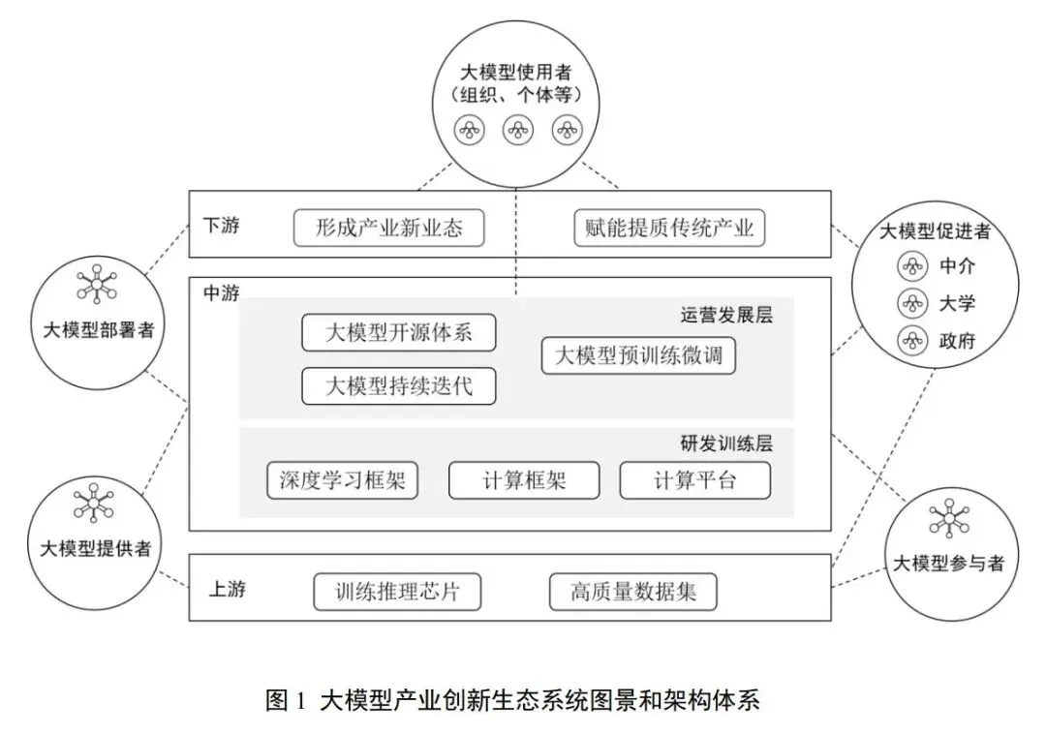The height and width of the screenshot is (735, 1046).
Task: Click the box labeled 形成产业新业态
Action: [x=388, y=229]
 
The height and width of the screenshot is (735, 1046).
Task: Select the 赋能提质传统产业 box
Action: [x=670, y=229]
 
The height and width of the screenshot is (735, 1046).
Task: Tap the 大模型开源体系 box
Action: [x=399, y=332]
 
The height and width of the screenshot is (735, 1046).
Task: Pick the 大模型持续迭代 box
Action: [x=399, y=385]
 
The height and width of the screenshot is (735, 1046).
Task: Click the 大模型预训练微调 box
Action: [x=638, y=355]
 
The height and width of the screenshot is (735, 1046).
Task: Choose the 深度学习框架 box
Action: [x=342, y=480]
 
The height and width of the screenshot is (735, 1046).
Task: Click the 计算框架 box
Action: [x=524, y=480]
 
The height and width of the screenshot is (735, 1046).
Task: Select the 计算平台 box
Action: [x=695, y=480]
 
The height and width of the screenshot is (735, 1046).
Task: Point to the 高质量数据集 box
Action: [x=633, y=592]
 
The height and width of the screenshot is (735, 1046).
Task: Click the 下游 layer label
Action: [x=221, y=226]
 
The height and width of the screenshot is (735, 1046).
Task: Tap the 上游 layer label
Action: [x=227, y=588]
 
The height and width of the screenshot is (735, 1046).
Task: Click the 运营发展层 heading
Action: [x=726, y=315]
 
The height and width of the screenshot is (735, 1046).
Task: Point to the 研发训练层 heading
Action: [x=726, y=444]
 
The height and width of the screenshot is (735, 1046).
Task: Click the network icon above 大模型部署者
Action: [x=98, y=284]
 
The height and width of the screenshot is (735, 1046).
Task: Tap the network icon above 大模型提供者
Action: [x=97, y=503]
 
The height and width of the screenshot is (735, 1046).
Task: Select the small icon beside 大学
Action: [x=910, y=303]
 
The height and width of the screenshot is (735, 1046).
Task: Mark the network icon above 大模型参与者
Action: [x=947, y=519]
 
